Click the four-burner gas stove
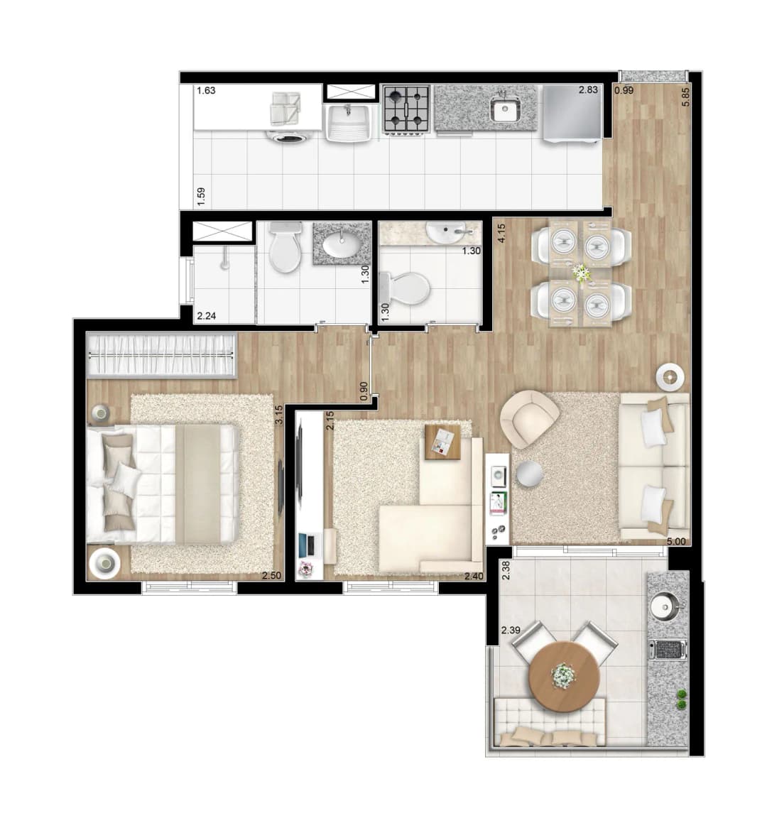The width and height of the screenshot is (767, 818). click(406, 109)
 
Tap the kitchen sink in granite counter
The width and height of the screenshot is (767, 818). click(504, 109)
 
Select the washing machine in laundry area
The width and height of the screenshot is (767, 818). click(284, 136)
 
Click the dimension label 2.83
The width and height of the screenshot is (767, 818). click(588, 89)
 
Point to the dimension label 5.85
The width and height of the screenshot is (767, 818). click(686, 97)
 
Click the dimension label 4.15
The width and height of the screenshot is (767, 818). click(501, 233)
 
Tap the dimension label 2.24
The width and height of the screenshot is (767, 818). click(207, 315)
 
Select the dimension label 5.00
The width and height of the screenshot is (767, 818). click(676, 542)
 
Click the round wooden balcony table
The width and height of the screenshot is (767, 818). click(563, 677)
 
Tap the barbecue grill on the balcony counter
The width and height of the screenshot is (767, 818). click(668, 650)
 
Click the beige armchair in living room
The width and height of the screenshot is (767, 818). click(529, 420)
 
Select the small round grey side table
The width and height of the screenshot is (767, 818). click(529, 474)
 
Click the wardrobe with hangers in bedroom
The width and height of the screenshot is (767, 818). click(162, 355)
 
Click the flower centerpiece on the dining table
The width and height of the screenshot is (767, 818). click(580, 273)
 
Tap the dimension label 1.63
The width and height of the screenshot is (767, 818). click(206, 90)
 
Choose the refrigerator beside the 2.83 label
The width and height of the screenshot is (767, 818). click(572, 113)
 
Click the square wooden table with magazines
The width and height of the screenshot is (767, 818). click(442, 442)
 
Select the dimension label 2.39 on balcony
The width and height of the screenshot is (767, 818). click(511, 631)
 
